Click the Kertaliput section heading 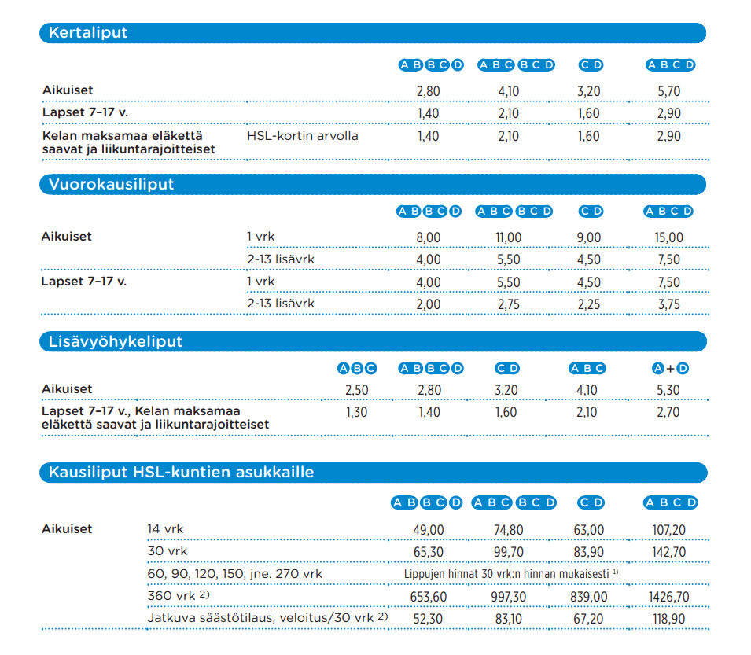[87, 33]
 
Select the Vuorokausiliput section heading [111, 184]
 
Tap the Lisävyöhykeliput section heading [115, 342]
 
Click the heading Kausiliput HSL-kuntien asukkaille [181, 473]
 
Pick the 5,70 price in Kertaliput [669, 91]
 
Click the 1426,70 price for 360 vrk [668, 597]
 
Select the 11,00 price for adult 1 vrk [508, 237]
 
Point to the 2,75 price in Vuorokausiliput [508, 304]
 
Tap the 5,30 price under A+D [668, 390]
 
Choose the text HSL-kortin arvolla [303, 136]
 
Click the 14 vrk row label [165, 529]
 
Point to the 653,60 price [428, 597]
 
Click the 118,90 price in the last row [668, 620]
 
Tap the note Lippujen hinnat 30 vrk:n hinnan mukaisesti [510, 574]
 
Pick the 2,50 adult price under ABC [356, 390]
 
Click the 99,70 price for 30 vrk [508, 552]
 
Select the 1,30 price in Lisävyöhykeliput [356, 412]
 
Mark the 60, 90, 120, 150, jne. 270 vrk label [234, 574]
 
